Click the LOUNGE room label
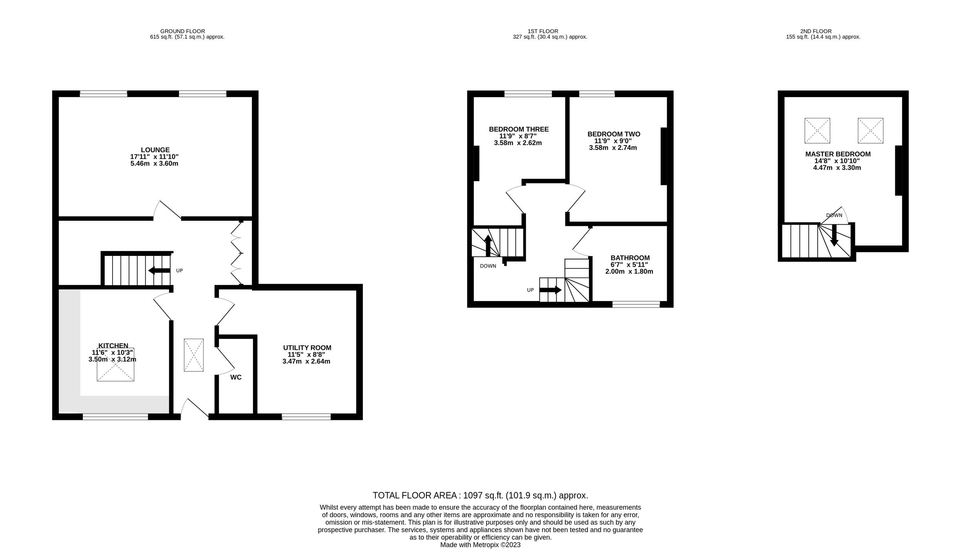[155, 150]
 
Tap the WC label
[236, 377]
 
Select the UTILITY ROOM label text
[307, 348]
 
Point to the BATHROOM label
[630, 258]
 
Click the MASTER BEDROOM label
[838, 154]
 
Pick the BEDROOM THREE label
[519, 129]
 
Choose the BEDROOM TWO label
[613, 134]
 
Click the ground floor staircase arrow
[159, 271]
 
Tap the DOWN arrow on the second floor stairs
[834, 236]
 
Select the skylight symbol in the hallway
[194, 355]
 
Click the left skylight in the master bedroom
[817, 130]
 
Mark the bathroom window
[636, 305]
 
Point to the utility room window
[306, 417]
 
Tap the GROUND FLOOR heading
[182, 31]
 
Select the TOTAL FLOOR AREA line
[480, 495]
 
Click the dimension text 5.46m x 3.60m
[154, 164]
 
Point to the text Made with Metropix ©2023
[480, 545]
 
